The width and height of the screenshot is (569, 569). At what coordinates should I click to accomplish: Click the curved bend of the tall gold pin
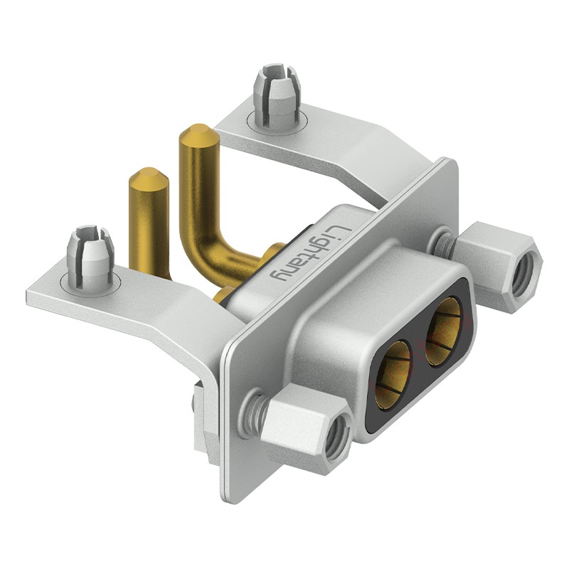(x=203, y=250)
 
